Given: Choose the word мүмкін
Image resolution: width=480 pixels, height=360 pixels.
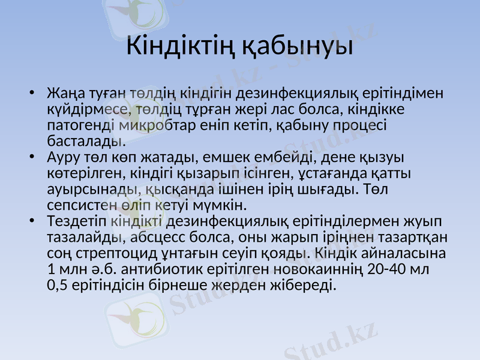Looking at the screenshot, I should pos(222,205).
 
